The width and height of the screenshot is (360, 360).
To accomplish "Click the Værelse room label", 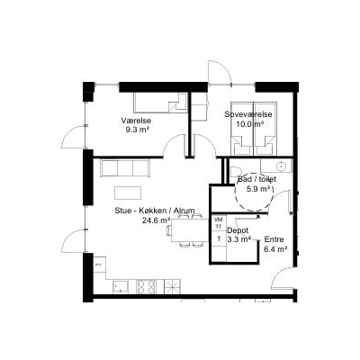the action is pos(136,121).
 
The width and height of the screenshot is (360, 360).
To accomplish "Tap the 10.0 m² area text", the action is pos(250,124).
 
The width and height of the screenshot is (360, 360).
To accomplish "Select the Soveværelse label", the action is pos(248,114).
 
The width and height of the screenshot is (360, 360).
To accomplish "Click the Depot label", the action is pos(238,230).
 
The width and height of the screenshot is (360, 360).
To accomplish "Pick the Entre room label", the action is pos(274,239).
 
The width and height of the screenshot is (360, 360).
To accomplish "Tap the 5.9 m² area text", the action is pos(258,189).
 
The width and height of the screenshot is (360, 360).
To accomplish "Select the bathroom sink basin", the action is pos(282,166).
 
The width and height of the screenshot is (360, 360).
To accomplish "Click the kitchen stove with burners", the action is pos(147,286).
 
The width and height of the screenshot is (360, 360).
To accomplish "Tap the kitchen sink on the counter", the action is pos(121,286).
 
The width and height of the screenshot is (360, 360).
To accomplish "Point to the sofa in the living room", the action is pos(125,168).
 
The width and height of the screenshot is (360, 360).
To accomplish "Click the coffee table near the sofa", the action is pos(128,193).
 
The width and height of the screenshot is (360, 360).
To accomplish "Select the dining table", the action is pos(190,230).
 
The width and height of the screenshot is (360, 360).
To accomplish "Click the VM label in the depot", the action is pos(218,219).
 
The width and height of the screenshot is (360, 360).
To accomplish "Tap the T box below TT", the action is pos(219,238).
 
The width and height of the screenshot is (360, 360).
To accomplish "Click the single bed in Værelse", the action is pos(161,103).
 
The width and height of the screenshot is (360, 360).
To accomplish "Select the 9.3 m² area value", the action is pos(138,130).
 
